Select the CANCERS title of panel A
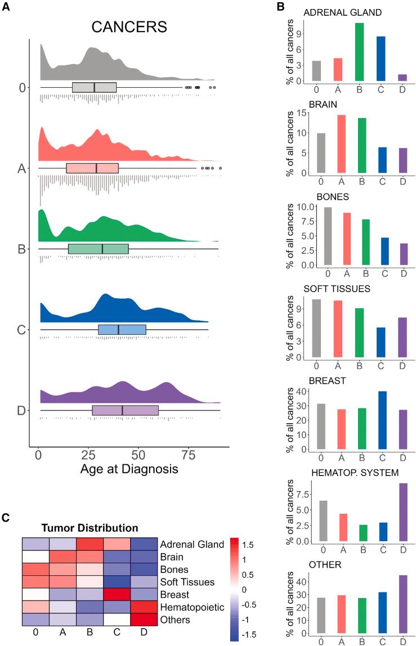click(130, 28)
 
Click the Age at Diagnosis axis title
click(129, 468)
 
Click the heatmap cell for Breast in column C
click(117, 595)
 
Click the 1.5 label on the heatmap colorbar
click(248, 545)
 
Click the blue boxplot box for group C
click(122, 330)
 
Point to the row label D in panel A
click(22, 410)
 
